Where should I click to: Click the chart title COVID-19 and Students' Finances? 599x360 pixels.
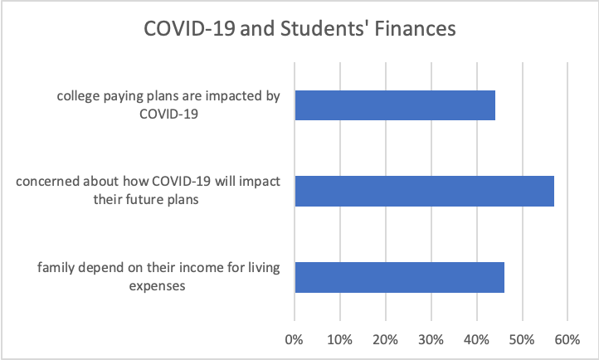[299, 28]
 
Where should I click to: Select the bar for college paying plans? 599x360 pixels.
[395, 105]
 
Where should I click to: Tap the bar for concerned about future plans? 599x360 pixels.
[424, 191]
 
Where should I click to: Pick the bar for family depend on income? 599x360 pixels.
[399, 276]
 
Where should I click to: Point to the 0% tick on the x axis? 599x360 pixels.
[295, 339]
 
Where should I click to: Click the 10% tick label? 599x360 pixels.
[340, 339]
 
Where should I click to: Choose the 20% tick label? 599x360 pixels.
[386, 339]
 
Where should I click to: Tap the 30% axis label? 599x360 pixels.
[431, 339]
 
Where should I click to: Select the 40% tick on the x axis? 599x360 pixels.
[476, 339]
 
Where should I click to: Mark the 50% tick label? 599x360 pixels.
[522, 339]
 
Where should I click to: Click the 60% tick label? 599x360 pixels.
[567, 339]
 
